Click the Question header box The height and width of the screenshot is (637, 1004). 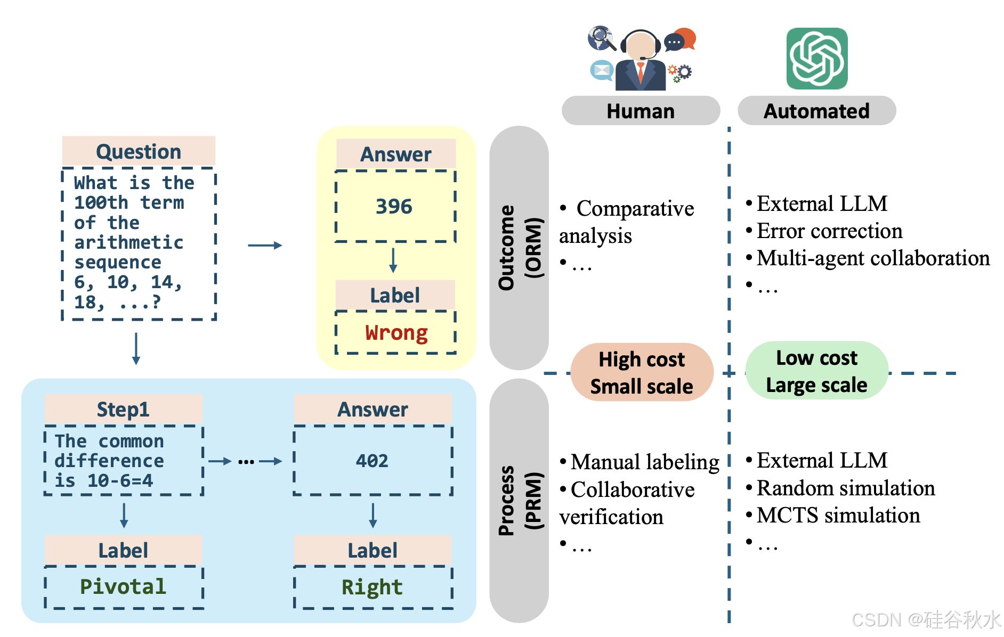click(139, 152)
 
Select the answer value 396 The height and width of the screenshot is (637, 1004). click(394, 207)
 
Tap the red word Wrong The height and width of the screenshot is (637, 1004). click(396, 333)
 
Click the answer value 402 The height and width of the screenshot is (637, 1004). click(372, 461)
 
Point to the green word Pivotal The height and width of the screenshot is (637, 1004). click(123, 586)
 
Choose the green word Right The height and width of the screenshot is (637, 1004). click(372, 587)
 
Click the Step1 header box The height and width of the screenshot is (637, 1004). click(123, 410)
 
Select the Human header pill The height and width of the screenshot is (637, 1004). click(641, 111)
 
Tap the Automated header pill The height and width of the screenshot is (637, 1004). click(816, 111)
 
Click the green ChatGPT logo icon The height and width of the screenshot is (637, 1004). click(816, 59)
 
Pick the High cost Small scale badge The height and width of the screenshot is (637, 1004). click(642, 372)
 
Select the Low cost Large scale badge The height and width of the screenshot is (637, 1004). click(816, 371)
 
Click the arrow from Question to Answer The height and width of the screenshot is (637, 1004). click(265, 246)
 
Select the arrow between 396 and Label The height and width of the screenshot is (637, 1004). click(393, 260)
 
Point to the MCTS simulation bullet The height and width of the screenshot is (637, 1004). click(838, 516)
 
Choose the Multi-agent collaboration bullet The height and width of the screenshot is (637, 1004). click(873, 258)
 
